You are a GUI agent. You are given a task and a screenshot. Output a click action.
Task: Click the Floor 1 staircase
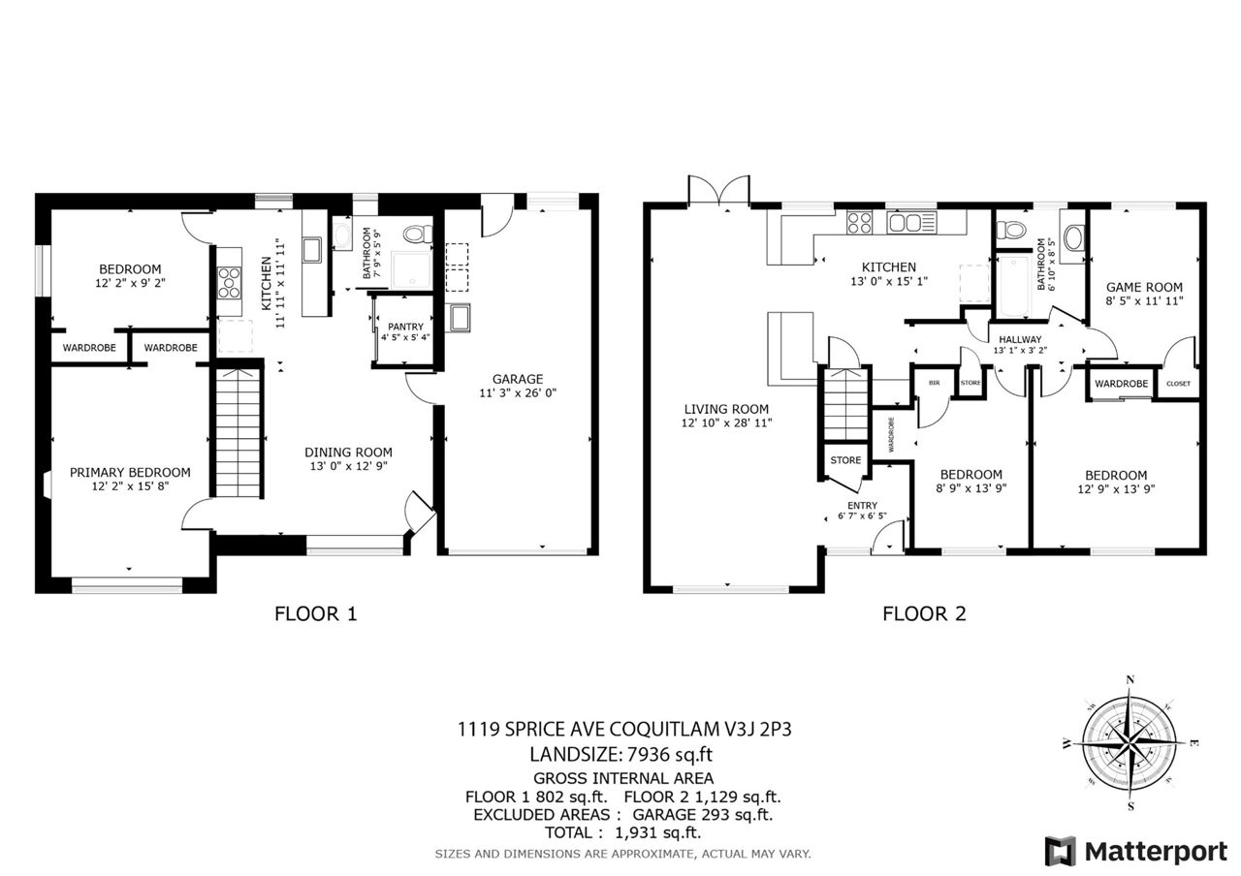(238, 432)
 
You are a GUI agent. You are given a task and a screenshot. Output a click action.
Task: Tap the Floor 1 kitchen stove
(230, 283)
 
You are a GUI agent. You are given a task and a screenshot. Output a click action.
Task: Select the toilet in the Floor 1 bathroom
(417, 235)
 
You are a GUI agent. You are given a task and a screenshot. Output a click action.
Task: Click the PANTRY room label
(405, 327)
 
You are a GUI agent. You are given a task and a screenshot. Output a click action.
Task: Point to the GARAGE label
(518, 379)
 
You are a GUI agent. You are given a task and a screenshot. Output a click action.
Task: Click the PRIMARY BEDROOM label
(130, 472)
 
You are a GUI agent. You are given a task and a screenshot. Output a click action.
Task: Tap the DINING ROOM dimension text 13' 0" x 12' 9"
(348, 466)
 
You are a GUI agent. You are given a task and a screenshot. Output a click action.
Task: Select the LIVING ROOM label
(726, 409)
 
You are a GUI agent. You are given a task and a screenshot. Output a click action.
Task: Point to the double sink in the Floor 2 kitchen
(911, 223)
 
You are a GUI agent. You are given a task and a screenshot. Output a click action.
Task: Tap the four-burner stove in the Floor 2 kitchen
(859, 223)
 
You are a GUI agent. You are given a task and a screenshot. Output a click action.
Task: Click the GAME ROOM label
(1144, 288)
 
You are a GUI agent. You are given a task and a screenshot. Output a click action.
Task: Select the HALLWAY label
(1020, 339)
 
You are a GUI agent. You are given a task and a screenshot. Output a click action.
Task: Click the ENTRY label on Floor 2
(862, 506)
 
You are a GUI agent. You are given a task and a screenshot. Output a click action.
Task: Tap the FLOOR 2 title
(924, 613)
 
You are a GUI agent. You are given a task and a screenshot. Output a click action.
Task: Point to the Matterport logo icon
(1061, 851)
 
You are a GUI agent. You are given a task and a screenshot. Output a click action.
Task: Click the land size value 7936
(648, 754)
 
